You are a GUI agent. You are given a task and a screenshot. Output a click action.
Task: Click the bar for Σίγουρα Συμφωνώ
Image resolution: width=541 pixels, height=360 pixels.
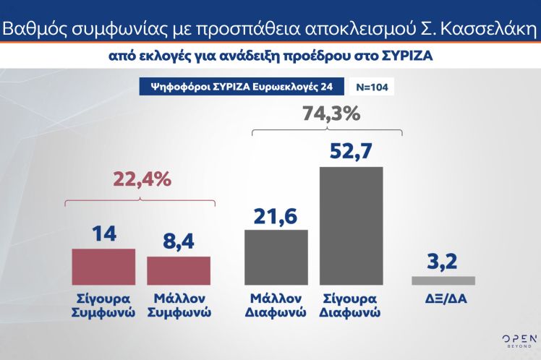click(x=103, y=267)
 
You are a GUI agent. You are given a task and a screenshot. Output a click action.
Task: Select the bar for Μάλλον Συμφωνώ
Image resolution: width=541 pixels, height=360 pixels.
click(x=179, y=271)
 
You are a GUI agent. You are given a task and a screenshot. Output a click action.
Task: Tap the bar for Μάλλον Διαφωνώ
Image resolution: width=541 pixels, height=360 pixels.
click(x=277, y=257)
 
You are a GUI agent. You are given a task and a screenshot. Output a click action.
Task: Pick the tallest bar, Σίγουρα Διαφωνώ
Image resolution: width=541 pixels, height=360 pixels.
click(x=352, y=226)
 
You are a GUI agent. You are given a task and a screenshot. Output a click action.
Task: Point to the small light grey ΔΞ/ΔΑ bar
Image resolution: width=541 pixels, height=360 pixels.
click(x=443, y=280)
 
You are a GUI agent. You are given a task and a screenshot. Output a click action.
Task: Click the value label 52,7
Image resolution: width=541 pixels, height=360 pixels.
click(x=352, y=152)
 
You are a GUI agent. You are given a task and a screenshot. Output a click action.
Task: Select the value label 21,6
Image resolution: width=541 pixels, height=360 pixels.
click(x=276, y=215)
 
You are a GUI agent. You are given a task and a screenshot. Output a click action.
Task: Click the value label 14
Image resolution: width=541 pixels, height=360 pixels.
click(x=103, y=234)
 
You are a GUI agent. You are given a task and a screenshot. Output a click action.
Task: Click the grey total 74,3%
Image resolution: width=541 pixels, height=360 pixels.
click(x=326, y=113)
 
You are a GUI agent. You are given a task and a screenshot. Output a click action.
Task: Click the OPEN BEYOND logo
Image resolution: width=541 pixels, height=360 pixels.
click(x=519, y=340)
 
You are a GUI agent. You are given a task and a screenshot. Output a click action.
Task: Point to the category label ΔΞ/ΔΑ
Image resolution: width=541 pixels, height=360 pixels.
click(x=443, y=297)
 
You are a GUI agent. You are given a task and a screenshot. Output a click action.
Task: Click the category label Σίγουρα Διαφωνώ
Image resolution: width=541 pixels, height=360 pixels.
click(x=352, y=305)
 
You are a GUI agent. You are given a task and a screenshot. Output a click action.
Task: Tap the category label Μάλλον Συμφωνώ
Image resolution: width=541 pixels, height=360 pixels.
click(x=179, y=305)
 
